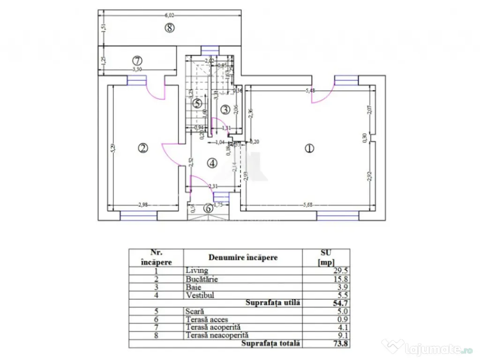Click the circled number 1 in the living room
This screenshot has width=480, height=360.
pos(308,148)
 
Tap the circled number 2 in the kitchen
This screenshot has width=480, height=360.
pos(142,148)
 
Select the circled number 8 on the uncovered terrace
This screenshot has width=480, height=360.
pos(170,28)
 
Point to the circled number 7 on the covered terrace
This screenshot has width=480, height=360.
pos(137,60)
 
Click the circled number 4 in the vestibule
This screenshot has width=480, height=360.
pos(212,163)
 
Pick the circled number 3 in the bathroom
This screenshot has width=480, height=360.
pos(225,110)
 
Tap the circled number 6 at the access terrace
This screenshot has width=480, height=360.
pos(208,209)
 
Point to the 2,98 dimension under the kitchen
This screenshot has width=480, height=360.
pos(143,204)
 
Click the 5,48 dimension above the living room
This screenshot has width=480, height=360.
pos(309,91)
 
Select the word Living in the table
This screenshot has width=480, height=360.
pos(196,270)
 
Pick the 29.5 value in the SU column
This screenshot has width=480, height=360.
pos(340,270)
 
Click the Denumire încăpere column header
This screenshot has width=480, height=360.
pos(243,257)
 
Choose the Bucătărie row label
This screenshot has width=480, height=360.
pos(202,278)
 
